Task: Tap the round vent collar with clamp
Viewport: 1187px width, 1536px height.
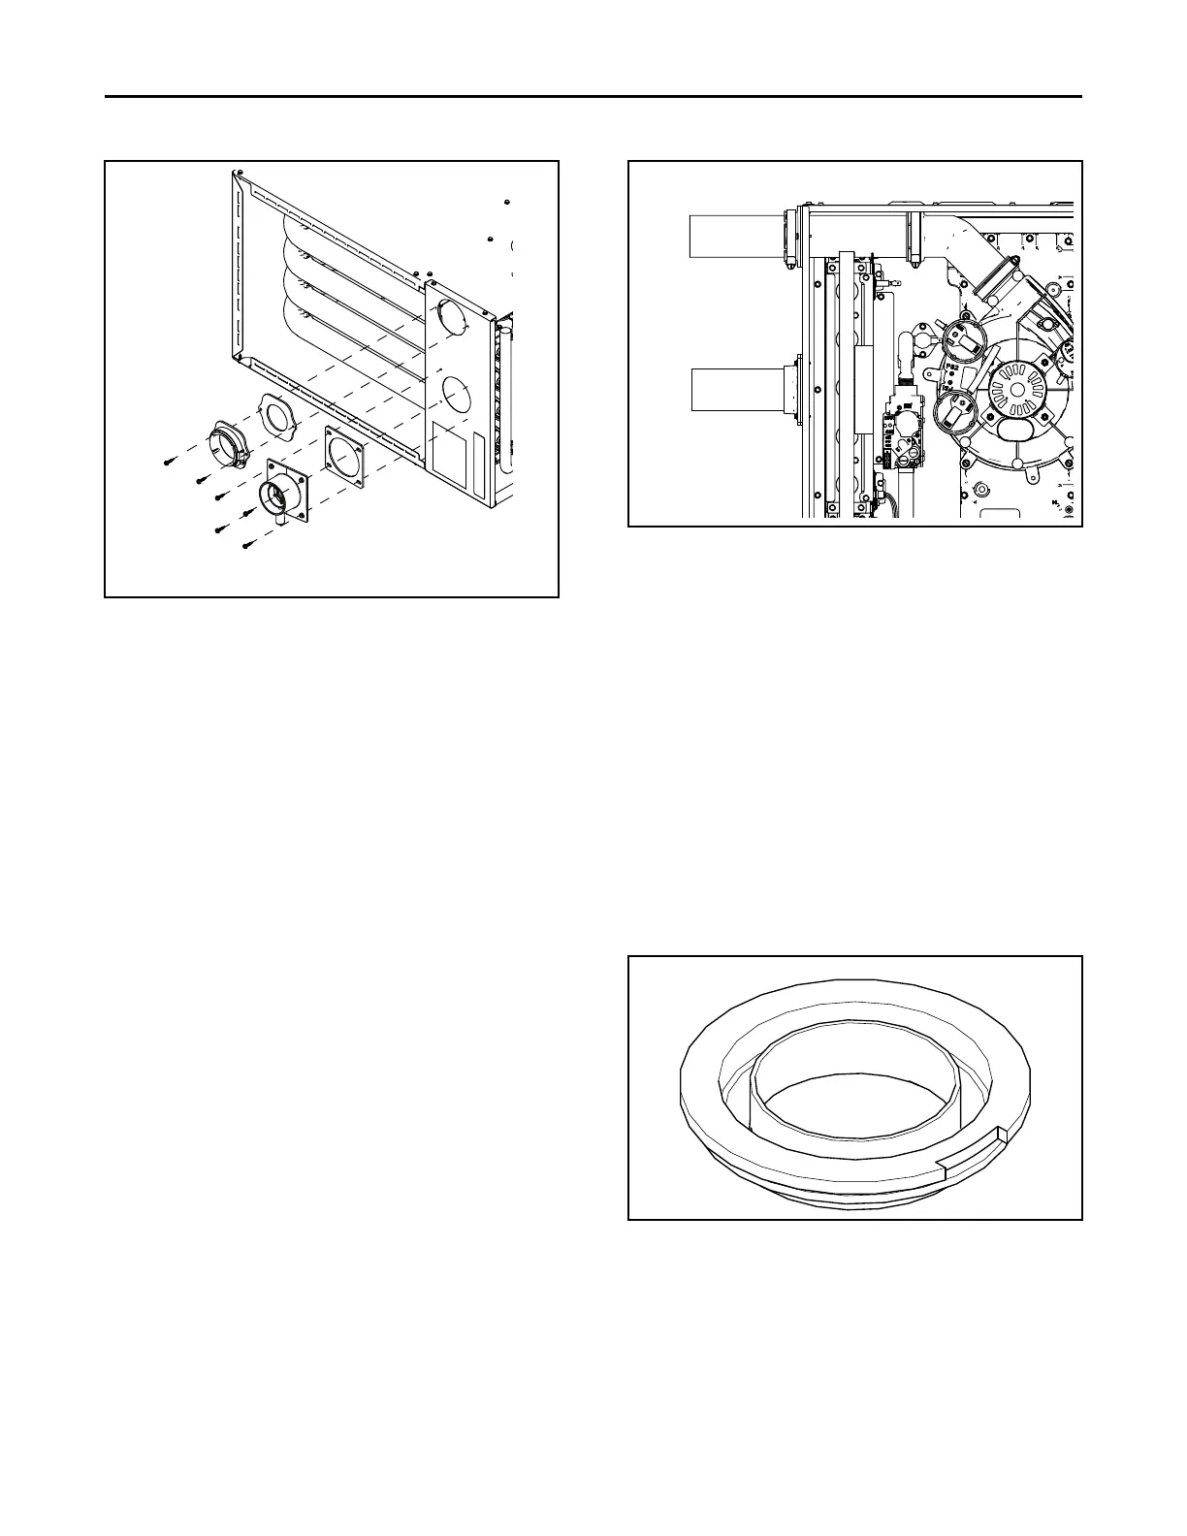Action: click(x=231, y=447)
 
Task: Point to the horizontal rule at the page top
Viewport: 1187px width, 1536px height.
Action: click(x=593, y=97)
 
